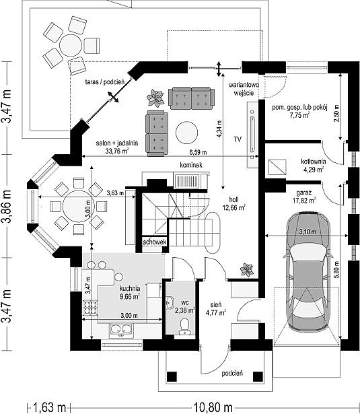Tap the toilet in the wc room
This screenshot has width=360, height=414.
pyautogui.click(x=184, y=327)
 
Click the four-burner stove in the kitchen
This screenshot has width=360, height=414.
pyautogui.click(x=90, y=308)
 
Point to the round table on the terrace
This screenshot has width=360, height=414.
pyautogui.click(x=71, y=45)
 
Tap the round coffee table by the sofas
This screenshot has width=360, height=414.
pyautogui.click(x=186, y=133)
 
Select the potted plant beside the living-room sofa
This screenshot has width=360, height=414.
pyautogui.click(x=155, y=98)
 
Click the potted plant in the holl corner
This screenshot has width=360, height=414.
pyautogui.click(x=247, y=270)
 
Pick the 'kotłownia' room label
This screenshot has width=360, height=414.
pyautogui.click(x=314, y=162)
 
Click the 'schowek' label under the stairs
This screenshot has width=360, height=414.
pyautogui.click(x=154, y=242)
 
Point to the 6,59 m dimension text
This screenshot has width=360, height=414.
pyautogui.click(x=198, y=152)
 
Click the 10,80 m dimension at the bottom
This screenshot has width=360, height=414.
pyautogui.click(x=213, y=407)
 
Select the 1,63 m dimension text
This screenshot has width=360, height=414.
pyautogui.click(x=49, y=407)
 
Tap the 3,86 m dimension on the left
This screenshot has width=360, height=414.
pyautogui.click(x=7, y=206)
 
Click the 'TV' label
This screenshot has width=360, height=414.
pyautogui.click(x=238, y=139)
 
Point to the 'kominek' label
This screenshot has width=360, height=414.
pyautogui.click(x=191, y=165)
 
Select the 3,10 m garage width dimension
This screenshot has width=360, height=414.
pyautogui.click(x=308, y=232)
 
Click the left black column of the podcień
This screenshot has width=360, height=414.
pyautogui.click(x=172, y=376)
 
